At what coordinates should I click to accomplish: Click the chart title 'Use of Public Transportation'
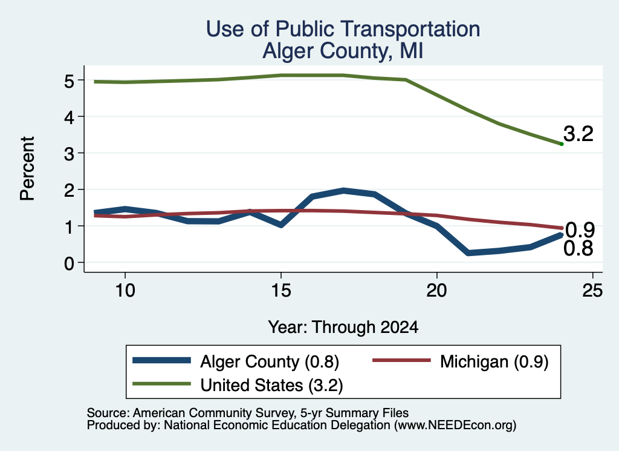(343, 29)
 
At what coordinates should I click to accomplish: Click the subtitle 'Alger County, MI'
(343, 51)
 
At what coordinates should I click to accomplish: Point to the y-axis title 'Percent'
(27, 169)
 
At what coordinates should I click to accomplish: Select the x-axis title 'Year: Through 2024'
(343, 328)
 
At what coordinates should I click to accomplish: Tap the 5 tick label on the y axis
(69, 81)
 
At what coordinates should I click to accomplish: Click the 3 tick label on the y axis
(69, 154)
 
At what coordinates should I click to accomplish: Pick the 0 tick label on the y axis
(69, 263)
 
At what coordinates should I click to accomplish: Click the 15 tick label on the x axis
(281, 291)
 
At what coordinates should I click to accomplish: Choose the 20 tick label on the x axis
(436, 291)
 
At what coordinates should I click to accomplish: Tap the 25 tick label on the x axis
(592, 291)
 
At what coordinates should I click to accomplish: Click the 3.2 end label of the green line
(578, 134)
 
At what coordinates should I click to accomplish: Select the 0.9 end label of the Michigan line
(580, 229)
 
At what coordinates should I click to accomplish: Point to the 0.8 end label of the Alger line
(578, 249)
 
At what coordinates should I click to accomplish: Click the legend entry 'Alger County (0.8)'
(236, 361)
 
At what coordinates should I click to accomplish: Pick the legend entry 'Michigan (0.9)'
(461, 361)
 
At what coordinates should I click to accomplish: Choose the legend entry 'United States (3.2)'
(238, 385)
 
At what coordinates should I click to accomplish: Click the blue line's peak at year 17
(343, 191)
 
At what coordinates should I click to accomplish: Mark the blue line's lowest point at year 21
(468, 252)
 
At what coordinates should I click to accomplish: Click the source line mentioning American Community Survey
(247, 413)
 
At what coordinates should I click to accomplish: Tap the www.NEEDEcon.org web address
(456, 426)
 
